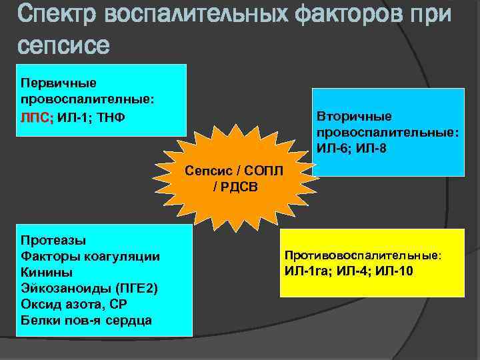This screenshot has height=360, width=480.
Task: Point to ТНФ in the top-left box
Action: coord(109,117)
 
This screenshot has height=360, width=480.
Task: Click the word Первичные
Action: coord(59,83)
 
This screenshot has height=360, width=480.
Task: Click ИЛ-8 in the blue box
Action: coord(371,147)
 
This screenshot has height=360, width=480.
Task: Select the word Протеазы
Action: coord(54,239)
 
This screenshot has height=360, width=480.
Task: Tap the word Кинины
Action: coord(47,272)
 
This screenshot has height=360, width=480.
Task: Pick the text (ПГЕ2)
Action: coord(133,288)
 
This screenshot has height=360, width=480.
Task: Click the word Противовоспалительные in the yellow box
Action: coord(363,255)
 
